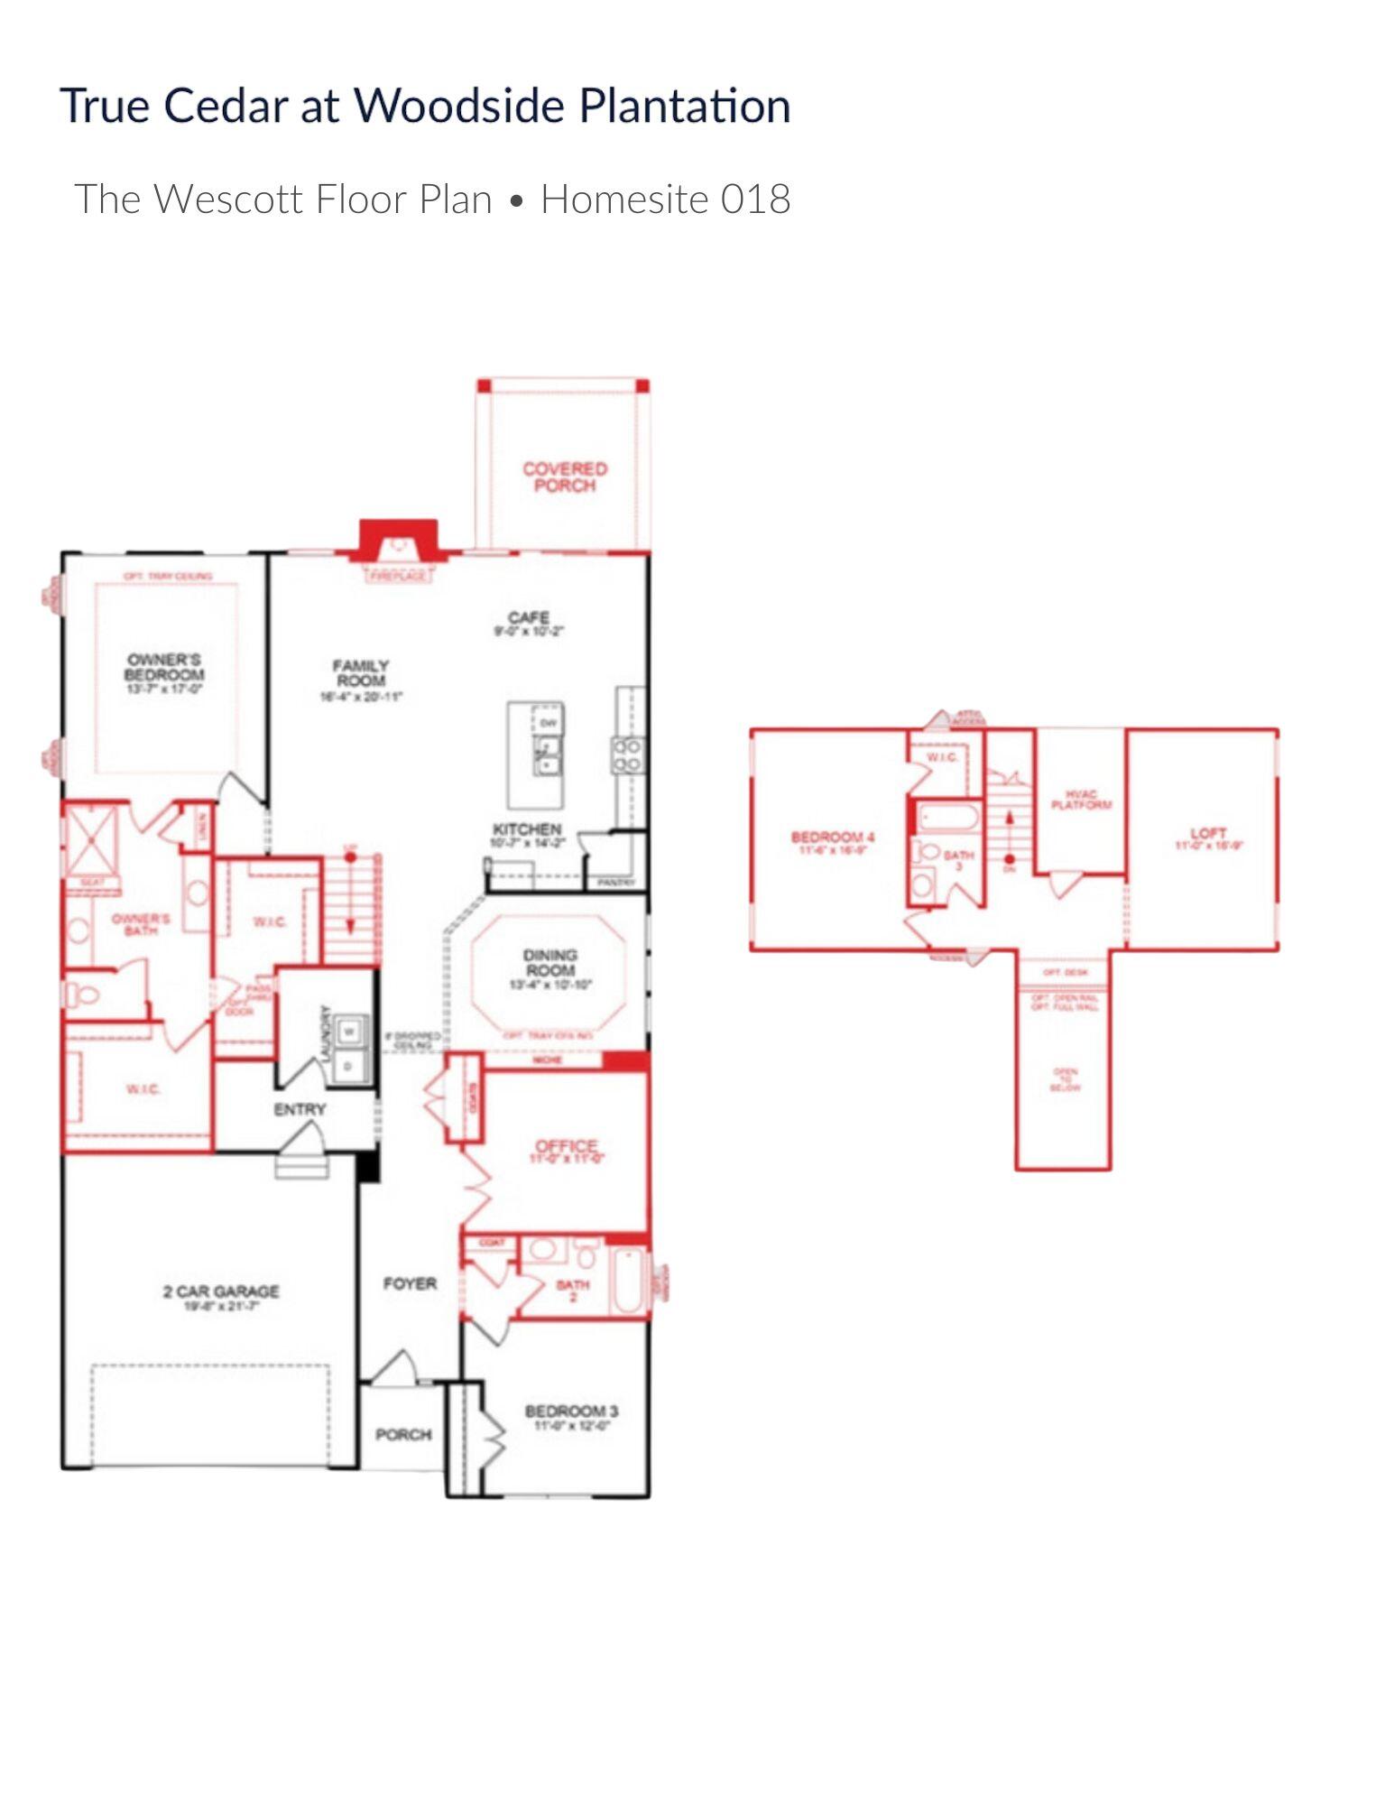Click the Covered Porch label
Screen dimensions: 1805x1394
pyautogui.click(x=565, y=477)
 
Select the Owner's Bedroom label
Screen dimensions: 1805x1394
pyautogui.click(x=164, y=667)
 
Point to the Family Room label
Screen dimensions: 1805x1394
pyautogui.click(x=361, y=673)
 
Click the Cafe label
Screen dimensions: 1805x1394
pyautogui.click(x=529, y=618)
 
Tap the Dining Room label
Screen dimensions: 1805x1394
pyautogui.click(x=550, y=962)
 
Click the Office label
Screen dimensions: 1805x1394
pyautogui.click(x=567, y=1147)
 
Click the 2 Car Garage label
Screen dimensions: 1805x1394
pyautogui.click(x=221, y=1291)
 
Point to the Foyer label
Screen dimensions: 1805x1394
pyautogui.click(x=410, y=1283)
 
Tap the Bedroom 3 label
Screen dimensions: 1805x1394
pyautogui.click(x=571, y=1412)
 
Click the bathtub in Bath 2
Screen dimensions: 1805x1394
pyautogui.click(x=630, y=1281)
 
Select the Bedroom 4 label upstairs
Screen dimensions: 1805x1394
pyautogui.click(x=833, y=838)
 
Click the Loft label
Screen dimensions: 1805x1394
pyautogui.click(x=1208, y=833)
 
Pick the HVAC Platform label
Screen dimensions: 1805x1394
pyautogui.click(x=1081, y=800)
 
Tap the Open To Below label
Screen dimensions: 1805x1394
pyautogui.click(x=1065, y=1079)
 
